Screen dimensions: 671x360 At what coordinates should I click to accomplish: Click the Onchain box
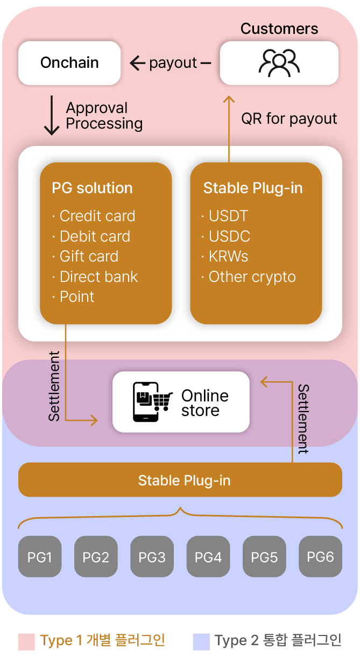pyautogui.click(x=69, y=63)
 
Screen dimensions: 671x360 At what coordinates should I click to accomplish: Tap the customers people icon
pyautogui.click(x=279, y=62)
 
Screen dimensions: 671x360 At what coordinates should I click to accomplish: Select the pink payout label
pyautogui.click(x=173, y=63)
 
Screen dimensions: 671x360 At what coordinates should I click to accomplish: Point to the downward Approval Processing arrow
pyautogui.click(x=52, y=115)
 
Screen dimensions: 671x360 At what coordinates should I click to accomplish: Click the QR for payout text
pyautogui.click(x=289, y=119)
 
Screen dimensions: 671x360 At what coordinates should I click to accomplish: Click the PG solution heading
pyautogui.click(x=92, y=188)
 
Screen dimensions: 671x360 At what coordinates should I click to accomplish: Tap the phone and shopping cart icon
pyautogui.click(x=153, y=402)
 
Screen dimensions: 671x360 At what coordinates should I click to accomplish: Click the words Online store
pyautogui.click(x=204, y=402)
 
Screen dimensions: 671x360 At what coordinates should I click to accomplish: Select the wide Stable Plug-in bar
pyautogui.click(x=180, y=480)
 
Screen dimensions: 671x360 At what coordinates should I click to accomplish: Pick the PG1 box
pyautogui.click(x=40, y=556)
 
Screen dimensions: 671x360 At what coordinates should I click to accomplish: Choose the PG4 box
pyautogui.click(x=208, y=556)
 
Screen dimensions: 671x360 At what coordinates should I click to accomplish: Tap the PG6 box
pyautogui.click(x=320, y=556)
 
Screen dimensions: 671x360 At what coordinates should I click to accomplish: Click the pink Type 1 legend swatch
pyautogui.click(x=26, y=641)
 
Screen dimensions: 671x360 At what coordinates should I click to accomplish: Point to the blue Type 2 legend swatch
pyautogui.click(x=201, y=641)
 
